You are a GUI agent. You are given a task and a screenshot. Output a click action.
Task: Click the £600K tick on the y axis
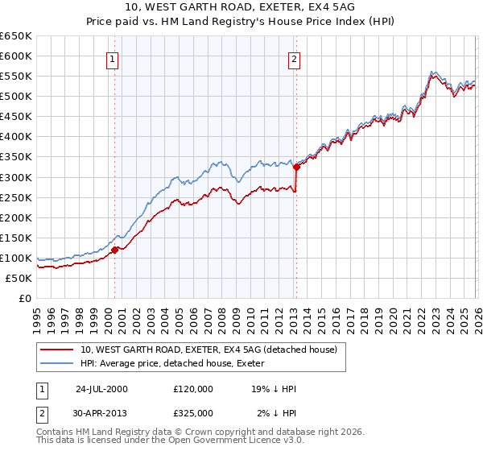[16, 56]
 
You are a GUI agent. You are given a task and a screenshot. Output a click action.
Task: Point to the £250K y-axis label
[16, 197]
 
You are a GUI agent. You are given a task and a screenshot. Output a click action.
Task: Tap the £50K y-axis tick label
[19, 278]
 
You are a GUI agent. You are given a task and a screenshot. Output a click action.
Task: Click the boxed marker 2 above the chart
[295, 59]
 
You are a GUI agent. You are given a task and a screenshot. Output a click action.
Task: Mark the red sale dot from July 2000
[115, 250]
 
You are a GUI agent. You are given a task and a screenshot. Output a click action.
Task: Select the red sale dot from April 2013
[296, 167]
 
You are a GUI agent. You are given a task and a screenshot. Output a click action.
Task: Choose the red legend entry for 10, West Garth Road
[213, 350]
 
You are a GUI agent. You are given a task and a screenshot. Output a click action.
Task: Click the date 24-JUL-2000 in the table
[101, 389]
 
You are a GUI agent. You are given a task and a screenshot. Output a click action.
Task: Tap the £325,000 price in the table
[192, 412]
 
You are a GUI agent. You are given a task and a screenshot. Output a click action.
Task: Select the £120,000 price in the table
[192, 389]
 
